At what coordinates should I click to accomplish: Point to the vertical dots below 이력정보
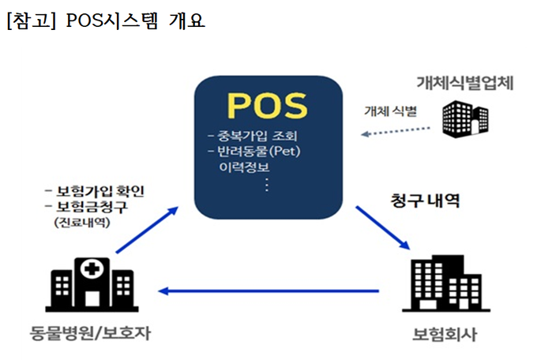(x=266, y=185)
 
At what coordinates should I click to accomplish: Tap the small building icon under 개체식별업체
(x=465, y=116)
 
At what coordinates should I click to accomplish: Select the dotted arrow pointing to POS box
(x=395, y=131)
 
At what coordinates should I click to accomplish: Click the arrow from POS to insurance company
(x=381, y=228)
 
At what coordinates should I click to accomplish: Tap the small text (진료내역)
(x=82, y=223)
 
